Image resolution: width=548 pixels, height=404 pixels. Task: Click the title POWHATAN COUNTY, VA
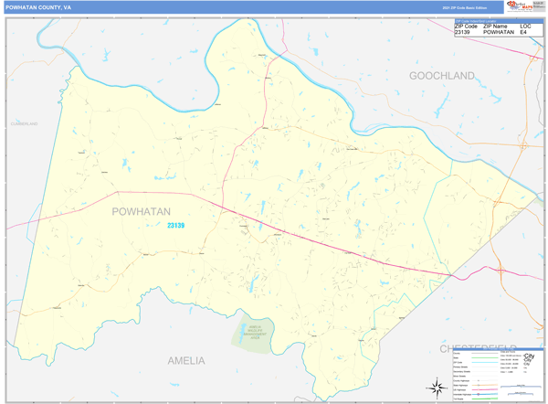(40, 7)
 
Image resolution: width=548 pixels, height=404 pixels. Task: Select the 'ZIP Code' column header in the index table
(466, 26)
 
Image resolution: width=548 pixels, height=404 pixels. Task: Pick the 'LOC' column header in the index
(525, 26)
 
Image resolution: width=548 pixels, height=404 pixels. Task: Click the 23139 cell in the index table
(463, 32)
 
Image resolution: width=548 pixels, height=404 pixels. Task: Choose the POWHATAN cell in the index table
(499, 32)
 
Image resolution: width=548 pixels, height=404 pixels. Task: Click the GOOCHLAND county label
(442, 75)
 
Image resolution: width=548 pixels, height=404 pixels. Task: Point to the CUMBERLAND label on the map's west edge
(24, 122)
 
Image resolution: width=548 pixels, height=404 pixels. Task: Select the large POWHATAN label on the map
(141, 211)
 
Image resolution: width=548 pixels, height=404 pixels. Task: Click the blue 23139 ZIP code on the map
(175, 226)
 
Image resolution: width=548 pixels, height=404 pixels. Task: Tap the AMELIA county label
(186, 360)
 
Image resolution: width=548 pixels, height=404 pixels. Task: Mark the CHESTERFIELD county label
(475, 348)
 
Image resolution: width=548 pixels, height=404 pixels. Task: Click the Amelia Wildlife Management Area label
(257, 332)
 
